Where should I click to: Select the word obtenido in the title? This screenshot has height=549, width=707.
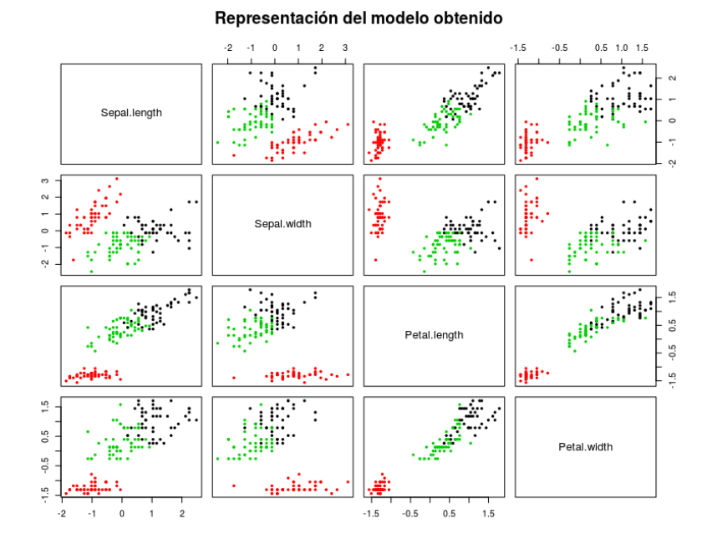click(x=471, y=18)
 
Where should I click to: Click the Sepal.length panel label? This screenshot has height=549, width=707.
click(x=131, y=113)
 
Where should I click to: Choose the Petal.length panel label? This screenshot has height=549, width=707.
click(x=434, y=335)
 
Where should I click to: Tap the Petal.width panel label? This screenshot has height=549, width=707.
click(x=585, y=447)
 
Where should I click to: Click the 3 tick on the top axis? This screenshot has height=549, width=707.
click(x=345, y=49)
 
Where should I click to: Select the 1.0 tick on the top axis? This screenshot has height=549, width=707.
click(x=622, y=49)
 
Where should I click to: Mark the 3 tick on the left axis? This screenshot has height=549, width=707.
click(x=50, y=180)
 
